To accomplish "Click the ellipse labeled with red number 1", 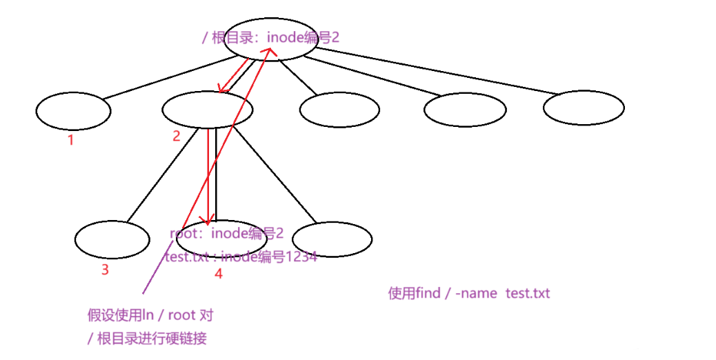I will [73, 111].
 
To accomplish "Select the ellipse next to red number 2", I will [207, 109].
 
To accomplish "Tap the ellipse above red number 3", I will [112, 239].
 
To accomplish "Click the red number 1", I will [70, 140].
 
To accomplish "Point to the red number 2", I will [176, 136].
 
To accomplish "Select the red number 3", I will [105, 270].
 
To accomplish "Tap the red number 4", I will [218, 273].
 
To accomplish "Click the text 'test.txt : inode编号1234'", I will [241, 257].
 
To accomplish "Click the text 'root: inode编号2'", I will [227, 234].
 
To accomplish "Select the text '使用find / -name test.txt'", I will [469, 293].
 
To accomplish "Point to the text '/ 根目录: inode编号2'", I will [270, 37].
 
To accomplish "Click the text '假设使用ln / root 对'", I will [150, 316].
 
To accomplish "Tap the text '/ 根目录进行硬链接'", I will [147, 338].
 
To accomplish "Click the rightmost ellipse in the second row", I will [584, 108].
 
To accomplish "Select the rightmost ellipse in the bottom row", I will [332, 239].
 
